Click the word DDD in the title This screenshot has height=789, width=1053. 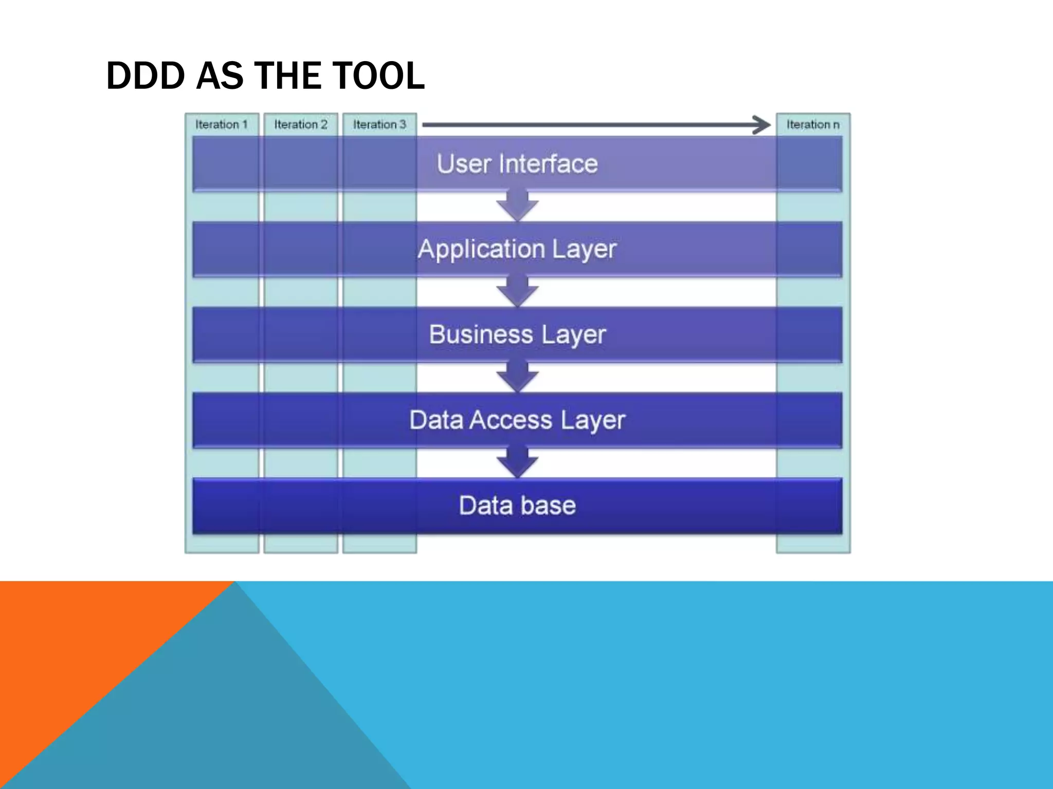coord(146,76)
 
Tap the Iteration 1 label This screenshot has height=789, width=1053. coord(222,125)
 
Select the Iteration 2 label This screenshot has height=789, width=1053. coord(301,125)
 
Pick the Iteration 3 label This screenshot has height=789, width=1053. coord(379,125)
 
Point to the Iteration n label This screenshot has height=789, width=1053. coord(813,125)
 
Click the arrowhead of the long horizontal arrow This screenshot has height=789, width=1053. coord(761,125)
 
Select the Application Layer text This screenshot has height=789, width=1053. coord(517,250)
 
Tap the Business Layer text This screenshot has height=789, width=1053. coord(517,335)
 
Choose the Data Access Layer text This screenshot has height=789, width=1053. coord(517,420)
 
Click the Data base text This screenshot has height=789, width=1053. coord(517,505)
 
